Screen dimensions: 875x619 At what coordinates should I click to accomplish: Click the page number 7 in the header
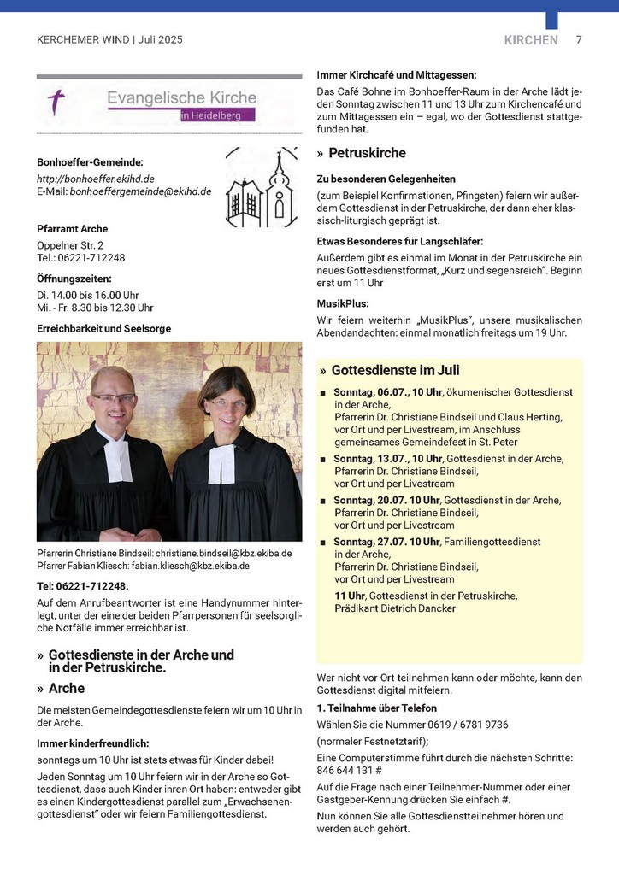[579, 39]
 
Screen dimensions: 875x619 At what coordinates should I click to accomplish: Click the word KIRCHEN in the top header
[531, 40]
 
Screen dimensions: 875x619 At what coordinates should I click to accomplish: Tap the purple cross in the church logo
[57, 103]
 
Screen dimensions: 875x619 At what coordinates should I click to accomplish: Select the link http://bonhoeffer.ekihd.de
[96, 179]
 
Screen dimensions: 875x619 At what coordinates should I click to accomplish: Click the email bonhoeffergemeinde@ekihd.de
[140, 191]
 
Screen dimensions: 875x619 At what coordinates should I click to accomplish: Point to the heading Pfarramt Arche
[73, 229]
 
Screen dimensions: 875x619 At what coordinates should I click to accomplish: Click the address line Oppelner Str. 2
[70, 245]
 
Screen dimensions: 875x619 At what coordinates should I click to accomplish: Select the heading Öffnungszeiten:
[74, 279]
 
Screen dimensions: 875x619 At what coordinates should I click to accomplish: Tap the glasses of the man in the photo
[114, 398]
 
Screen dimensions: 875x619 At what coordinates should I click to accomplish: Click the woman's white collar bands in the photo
[221, 462]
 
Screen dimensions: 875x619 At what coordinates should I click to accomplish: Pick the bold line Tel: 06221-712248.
[83, 586]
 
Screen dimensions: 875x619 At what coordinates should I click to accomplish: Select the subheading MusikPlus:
[343, 303]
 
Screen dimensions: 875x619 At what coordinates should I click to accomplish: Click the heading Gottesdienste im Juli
[395, 370]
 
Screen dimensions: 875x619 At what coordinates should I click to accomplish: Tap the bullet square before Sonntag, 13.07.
[323, 460]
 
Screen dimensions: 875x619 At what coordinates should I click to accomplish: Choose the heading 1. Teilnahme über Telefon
[376, 708]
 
